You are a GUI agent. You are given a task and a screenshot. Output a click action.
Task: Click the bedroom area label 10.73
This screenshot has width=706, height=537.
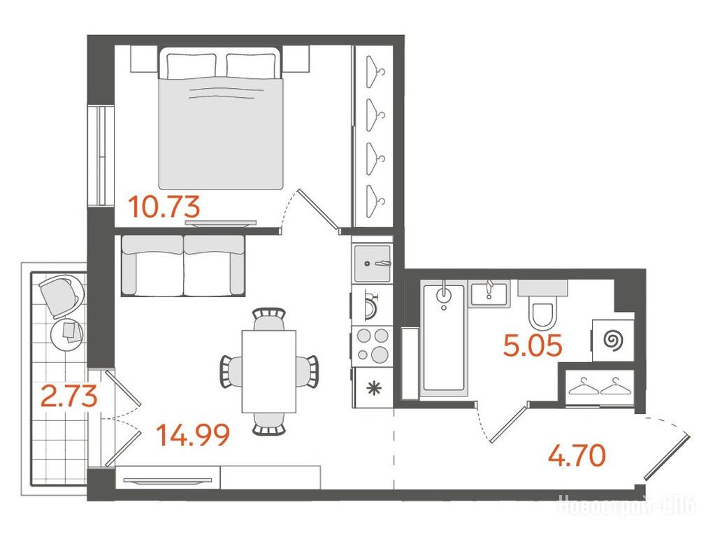[164, 207]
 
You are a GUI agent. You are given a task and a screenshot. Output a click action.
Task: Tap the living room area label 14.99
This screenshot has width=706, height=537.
[193, 435]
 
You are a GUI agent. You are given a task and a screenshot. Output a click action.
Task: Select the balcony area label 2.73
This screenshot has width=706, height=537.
[69, 396]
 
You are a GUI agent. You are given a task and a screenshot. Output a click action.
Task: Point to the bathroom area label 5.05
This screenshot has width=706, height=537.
[533, 346]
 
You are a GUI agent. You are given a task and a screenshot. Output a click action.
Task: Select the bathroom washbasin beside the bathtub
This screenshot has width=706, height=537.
[489, 292]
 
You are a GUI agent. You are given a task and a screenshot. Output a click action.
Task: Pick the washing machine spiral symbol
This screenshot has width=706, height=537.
[612, 340]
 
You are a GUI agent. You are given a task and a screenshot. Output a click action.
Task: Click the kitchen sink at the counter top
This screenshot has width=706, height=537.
[373, 263]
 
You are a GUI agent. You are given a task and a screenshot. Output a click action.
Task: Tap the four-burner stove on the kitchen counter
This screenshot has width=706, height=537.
[373, 345]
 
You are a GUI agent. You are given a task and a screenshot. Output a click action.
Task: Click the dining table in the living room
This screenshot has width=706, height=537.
[269, 372]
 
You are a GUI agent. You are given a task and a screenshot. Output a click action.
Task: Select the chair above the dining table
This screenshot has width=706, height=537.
[269, 319]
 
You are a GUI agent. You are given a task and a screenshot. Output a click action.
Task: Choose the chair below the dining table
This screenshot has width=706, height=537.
[269, 424]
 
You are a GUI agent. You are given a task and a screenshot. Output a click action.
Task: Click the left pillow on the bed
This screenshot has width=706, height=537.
[192, 65]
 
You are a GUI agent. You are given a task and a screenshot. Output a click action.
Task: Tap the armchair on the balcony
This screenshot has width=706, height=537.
[60, 296]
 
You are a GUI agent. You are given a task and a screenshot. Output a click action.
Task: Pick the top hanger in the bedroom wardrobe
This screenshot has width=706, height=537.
[375, 71]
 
